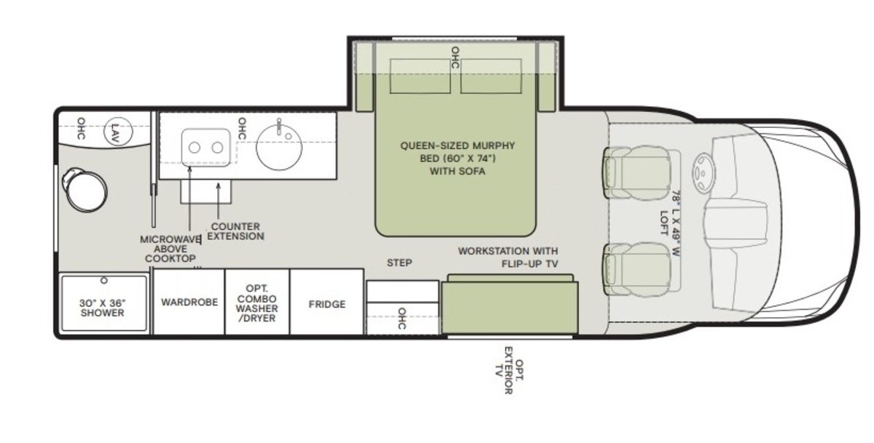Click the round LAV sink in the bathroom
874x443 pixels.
click(x=118, y=132)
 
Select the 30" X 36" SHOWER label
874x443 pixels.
click(x=103, y=308)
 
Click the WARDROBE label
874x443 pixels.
click(x=189, y=302)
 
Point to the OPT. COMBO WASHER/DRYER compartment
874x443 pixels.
click(x=257, y=302)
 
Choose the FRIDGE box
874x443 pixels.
click(x=327, y=302)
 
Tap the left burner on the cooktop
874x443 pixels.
click(x=194, y=148)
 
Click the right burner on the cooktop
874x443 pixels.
click(x=217, y=148)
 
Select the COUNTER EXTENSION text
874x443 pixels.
click(x=235, y=231)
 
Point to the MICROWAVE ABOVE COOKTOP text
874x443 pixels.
click(x=170, y=249)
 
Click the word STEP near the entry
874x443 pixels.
click(x=399, y=263)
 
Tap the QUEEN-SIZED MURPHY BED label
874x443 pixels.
click(x=457, y=158)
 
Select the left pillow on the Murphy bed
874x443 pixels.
click(x=420, y=76)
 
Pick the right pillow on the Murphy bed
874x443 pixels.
click(x=491, y=76)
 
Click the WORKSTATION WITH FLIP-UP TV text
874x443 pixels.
click(x=508, y=258)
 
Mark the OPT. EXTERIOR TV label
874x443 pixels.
click(x=510, y=370)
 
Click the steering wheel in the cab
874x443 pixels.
click(x=704, y=172)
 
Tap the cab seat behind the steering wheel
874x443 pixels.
click(x=637, y=173)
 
